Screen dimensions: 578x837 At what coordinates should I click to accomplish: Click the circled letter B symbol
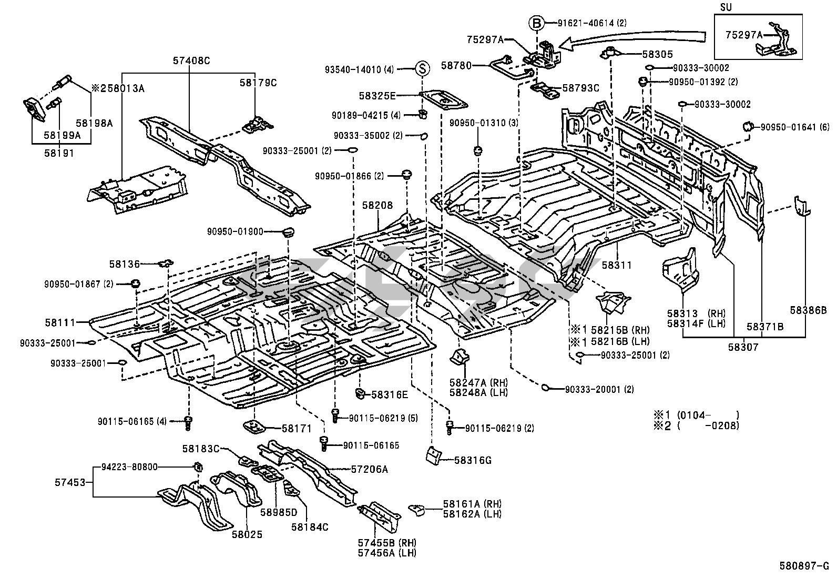535,23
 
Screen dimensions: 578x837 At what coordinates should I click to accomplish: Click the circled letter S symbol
423,68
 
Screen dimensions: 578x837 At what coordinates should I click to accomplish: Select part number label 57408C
191,61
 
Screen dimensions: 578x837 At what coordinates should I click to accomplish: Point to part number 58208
377,205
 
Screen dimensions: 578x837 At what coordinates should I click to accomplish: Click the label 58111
60,322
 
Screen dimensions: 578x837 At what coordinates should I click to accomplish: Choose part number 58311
617,266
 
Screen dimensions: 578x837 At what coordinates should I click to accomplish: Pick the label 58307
743,347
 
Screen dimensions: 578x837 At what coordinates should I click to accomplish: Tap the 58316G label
473,460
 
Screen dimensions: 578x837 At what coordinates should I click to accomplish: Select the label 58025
247,535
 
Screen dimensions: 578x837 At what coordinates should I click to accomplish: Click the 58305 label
657,54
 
